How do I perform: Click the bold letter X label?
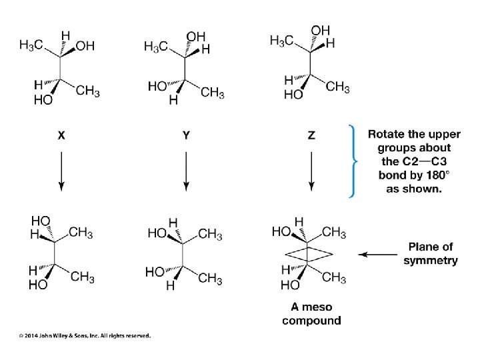pos(61,135)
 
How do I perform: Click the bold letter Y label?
pos(186,135)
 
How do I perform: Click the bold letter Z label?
pos(311,135)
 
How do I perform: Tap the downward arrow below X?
pos(61,171)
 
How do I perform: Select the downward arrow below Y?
pos(186,171)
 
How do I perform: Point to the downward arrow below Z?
pos(311,171)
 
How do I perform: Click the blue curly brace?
pos(351,161)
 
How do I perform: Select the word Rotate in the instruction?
pos(385,134)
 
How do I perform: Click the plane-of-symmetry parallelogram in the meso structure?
pos(308,254)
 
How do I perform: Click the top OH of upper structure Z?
pos(320,30)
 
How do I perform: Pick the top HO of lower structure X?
pos(41,220)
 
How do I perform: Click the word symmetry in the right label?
pos(430,260)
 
